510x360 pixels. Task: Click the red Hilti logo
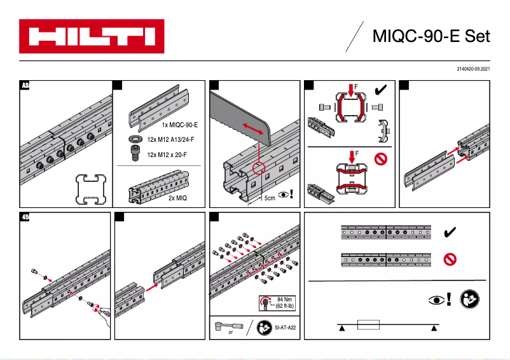92,36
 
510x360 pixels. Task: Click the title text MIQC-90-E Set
431,36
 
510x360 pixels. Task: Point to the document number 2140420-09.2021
473,68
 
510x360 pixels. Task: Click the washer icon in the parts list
134,139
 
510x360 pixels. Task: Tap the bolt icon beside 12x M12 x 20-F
134,155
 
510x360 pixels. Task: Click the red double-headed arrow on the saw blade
254,130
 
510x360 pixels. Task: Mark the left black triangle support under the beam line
341,328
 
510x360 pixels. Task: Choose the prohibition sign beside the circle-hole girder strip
450,259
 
